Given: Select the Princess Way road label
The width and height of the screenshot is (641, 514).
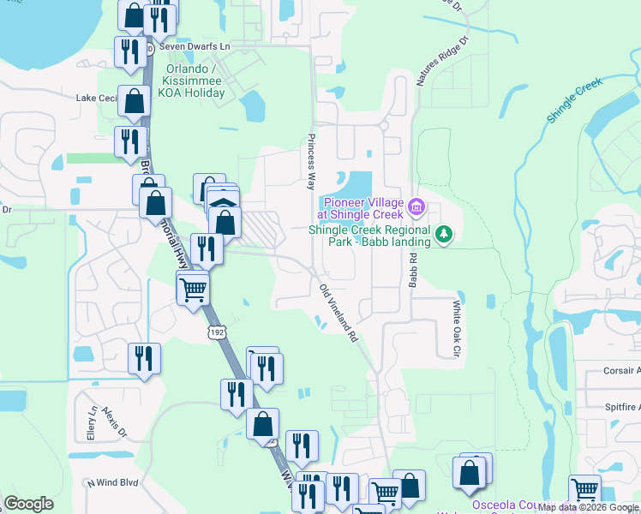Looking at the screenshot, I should point(312,162).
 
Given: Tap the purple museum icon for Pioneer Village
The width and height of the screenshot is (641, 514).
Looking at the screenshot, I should point(417,206).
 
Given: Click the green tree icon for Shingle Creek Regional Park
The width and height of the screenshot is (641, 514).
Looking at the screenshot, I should point(443,233).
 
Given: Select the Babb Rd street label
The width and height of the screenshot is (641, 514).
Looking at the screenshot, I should point(412,269).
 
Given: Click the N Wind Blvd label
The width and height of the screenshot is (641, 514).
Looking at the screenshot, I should point(113,482).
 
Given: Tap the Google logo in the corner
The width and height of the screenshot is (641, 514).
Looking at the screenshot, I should point(28,504).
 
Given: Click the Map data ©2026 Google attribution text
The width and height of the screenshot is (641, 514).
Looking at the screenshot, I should point(589,508).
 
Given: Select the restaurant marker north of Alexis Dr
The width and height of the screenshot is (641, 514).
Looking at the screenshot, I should point(144,357).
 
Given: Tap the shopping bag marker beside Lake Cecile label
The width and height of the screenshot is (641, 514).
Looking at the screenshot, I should point(135,101).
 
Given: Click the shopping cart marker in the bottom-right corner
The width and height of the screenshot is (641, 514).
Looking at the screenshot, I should point(584,490).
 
